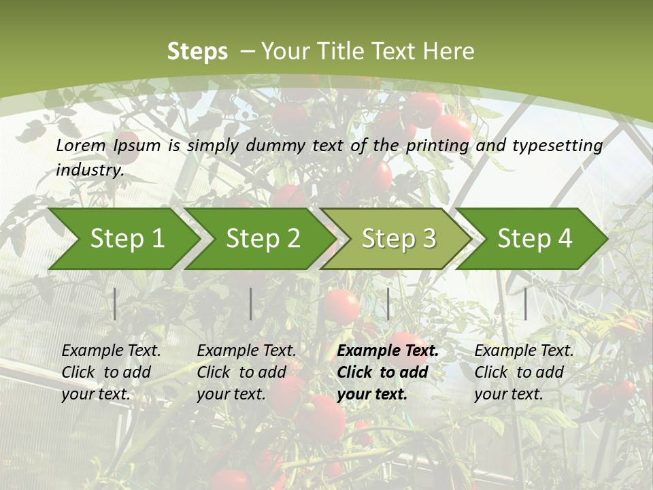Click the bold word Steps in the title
tap(197, 52)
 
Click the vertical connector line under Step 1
tap(115, 304)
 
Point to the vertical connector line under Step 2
tap(251, 304)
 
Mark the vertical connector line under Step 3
tap(388, 304)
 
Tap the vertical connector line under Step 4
tap(526, 304)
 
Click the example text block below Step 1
tap(111, 372)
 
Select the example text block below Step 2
tap(246, 372)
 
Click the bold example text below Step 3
tap(388, 372)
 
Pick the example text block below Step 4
tap(524, 372)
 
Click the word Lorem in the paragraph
tap(81, 146)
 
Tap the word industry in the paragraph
tap(89, 170)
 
